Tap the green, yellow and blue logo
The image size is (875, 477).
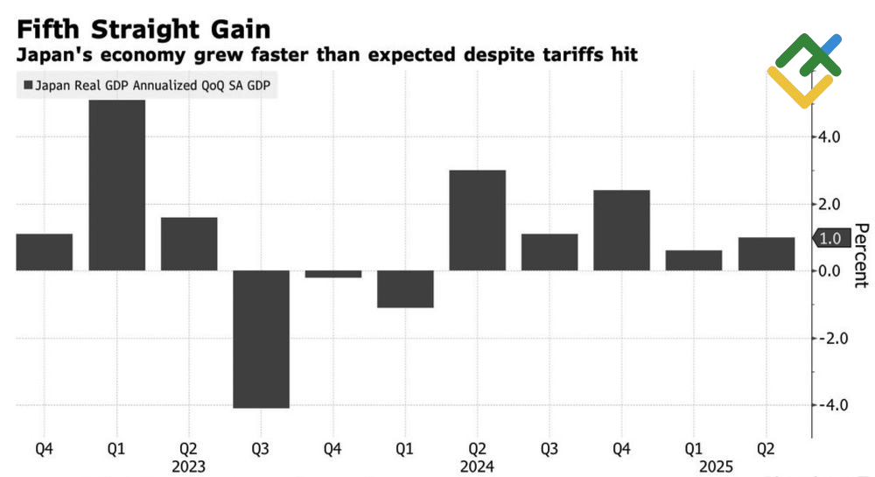[803, 70]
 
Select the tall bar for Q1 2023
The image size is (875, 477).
[116, 185]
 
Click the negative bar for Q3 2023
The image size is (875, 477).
[261, 339]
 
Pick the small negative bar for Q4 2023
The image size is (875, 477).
[332, 274]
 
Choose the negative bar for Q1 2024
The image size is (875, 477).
[405, 289]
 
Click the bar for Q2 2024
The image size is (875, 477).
[477, 221]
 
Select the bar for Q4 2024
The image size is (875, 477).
[621, 230]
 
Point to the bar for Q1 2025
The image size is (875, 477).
[694, 261]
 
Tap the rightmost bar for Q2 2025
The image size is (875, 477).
[766, 254]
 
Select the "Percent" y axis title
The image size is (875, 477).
[861, 255]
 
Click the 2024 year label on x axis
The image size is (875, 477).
[477, 466]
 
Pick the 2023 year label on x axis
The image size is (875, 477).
[188, 466]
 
